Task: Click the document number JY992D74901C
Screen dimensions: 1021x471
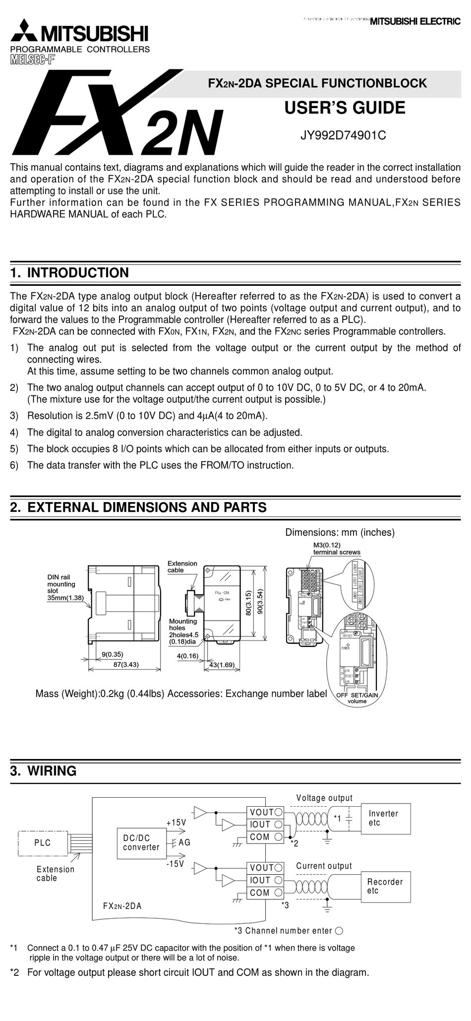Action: [343, 135]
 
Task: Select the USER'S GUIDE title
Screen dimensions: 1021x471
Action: [345, 108]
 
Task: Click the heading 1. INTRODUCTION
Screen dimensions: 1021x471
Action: [69, 272]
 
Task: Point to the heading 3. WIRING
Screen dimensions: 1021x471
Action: [44, 771]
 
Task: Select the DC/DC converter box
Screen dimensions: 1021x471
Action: [141, 842]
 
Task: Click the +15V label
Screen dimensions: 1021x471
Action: [176, 822]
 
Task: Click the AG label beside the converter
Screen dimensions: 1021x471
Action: [184, 842]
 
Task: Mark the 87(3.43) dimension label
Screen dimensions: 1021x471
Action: [125, 664]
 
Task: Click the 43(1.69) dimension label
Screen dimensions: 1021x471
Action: [222, 664]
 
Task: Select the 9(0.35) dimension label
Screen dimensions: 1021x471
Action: [113, 654]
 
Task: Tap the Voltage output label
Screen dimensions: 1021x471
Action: [324, 798]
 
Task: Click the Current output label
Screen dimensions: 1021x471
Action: [324, 866]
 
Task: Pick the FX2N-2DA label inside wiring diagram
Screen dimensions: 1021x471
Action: [122, 906]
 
